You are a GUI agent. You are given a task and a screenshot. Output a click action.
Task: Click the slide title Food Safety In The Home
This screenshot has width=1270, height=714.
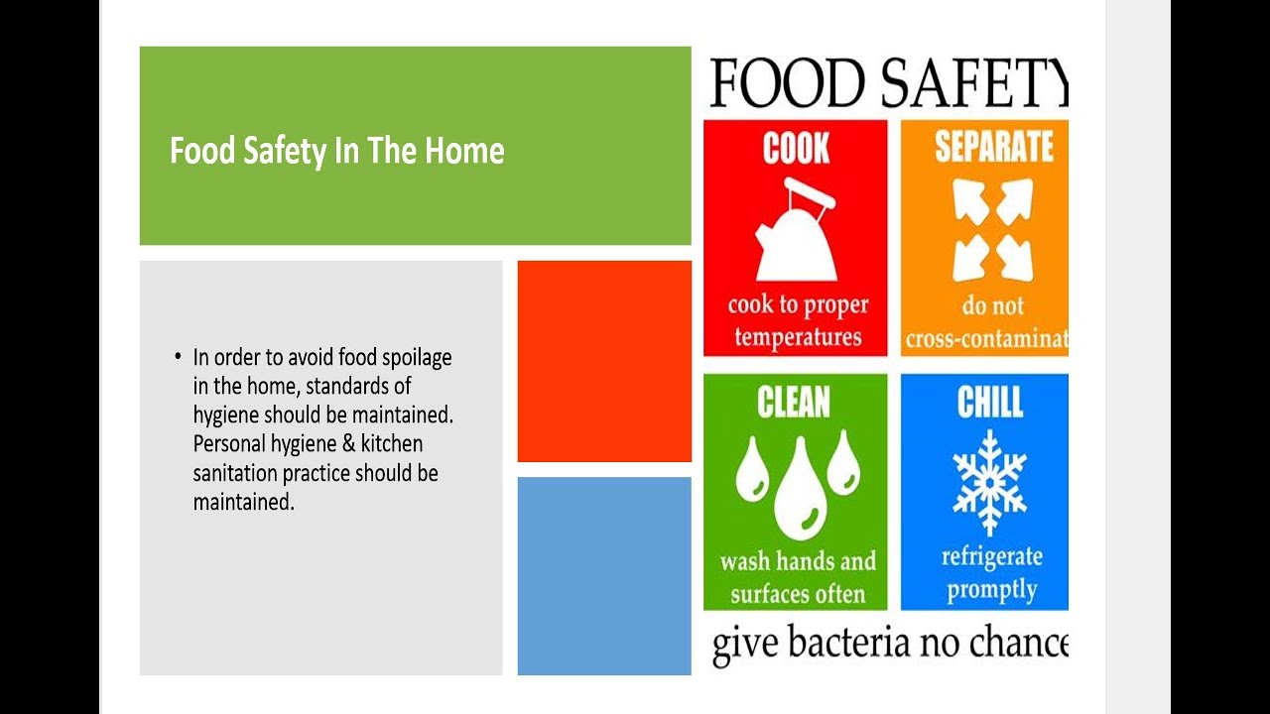(x=336, y=151)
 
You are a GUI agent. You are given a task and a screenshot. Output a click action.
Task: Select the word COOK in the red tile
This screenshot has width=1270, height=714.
(x=796, y=150)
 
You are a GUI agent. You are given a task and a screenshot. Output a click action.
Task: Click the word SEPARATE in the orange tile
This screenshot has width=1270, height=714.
(x=993, y=147)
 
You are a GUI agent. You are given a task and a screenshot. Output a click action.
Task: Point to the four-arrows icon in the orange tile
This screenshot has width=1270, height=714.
(x=992, y=231)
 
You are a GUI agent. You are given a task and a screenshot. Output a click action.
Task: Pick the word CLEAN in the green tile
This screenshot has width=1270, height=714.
(x=794, y=403)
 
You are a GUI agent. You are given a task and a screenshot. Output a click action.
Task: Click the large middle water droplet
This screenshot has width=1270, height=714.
(x=800, y=489)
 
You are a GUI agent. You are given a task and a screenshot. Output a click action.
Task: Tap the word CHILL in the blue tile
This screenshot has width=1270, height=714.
(x=989, y=403)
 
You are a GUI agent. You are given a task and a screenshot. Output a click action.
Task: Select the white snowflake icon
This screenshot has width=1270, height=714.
(x=989, y=482)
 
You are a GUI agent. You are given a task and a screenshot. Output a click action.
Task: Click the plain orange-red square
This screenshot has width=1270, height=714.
(x=604, y=361)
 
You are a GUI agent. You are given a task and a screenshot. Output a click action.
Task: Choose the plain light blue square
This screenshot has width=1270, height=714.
(x=604, y=575)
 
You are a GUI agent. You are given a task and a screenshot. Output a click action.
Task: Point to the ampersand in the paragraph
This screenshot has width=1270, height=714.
(x=347, y=444)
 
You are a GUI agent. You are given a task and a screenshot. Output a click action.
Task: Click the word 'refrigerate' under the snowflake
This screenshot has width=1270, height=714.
(x=991, y=557)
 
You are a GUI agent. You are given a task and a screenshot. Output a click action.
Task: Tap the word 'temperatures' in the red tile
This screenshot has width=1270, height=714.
(x=798, y=337)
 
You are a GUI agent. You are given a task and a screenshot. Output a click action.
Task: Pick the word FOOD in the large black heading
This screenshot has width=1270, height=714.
(x=777, y=83)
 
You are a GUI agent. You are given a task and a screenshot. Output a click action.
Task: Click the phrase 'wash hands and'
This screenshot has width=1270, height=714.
(x=798, y=562)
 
